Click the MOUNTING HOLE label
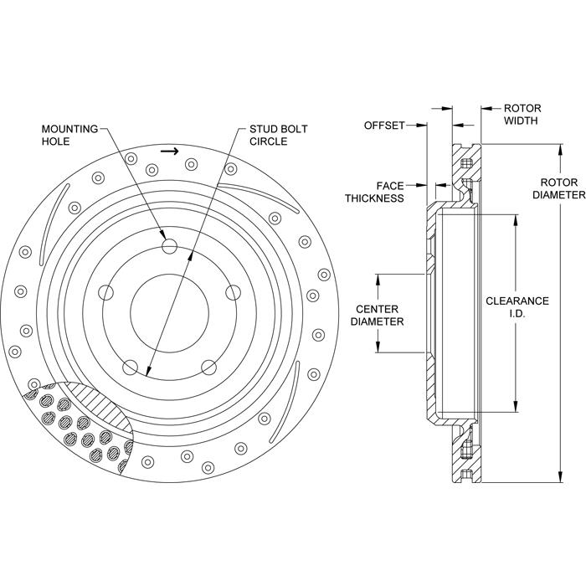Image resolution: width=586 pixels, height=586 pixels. point(71,135)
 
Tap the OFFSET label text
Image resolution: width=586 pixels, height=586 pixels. point(384,125)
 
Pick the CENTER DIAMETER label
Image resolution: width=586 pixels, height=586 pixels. point(377,314)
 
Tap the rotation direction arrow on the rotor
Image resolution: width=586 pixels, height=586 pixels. point(169,152)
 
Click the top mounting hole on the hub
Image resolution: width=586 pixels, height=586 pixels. point(170,246)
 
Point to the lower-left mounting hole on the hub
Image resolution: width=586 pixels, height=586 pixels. point(129,368)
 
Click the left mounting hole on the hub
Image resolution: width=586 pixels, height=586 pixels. point(105,292)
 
